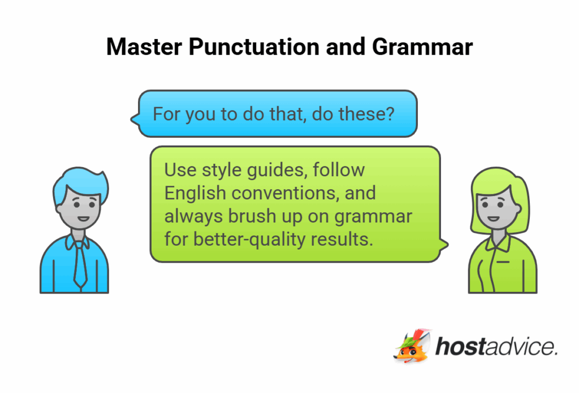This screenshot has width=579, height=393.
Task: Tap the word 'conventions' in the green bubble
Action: pyautogui.click(x=284, y=193)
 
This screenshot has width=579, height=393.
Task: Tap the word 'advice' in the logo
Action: pyautogui.click(x=519, y=347)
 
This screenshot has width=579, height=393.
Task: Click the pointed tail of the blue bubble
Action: pyautogui.click(x=133, y=119)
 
